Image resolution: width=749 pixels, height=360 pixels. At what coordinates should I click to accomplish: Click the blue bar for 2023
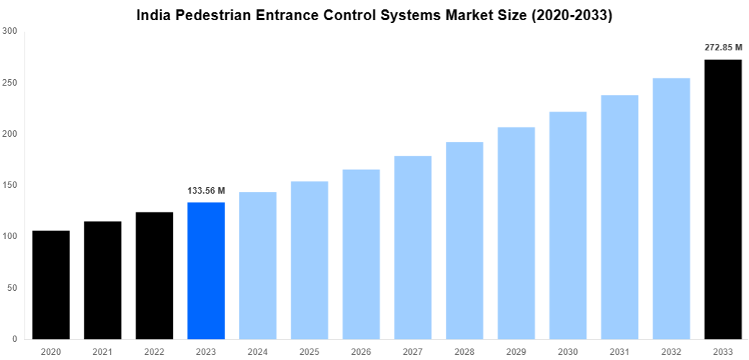tap(206, 271)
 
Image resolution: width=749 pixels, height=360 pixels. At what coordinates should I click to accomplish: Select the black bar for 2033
tap(722, 199)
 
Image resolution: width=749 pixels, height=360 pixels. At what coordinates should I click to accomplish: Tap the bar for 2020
tap(51, 285)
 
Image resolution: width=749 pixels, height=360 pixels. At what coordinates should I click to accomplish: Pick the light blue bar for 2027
tap(413, 248)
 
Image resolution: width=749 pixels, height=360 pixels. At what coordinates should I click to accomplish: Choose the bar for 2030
tap(568, 225)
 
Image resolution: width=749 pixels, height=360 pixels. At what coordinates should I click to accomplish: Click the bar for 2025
tap(309, 260)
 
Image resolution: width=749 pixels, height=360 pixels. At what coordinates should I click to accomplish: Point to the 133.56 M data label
tap(206, 191)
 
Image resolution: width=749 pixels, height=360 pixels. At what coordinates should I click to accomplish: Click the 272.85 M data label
tap(722, 48)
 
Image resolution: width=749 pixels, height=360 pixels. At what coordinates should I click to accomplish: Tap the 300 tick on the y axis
tap(10, 31)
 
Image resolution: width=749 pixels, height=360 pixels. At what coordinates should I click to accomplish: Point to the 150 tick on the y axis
tap(10, 185)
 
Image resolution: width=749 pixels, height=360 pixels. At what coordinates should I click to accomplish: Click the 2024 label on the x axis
tap(258, 351)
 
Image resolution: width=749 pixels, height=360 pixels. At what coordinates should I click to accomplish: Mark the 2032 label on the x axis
tap(670, 351)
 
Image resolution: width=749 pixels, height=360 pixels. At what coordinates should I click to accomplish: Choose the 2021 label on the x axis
tap(103, 351)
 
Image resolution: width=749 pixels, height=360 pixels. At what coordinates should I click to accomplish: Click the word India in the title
tap(153, 14)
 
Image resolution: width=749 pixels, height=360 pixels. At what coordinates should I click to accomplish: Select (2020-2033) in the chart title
tap(571, 14)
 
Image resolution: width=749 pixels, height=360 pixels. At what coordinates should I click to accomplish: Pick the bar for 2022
tap(154, 276)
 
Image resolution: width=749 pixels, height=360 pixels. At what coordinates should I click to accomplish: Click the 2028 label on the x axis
tap(465, 351)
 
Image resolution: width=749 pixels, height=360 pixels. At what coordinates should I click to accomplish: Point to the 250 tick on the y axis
tap(10, 83)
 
